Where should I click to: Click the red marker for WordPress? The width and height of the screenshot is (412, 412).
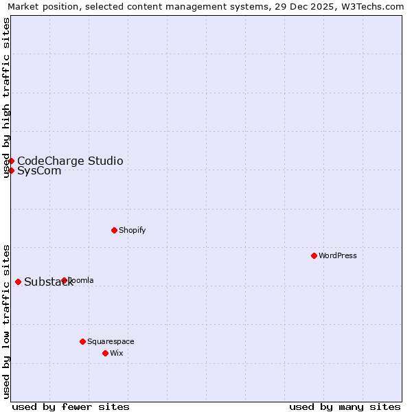pyautogui.click(x=314, y=255)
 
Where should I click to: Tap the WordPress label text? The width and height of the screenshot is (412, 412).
pyautogui.click(x=338, y=255)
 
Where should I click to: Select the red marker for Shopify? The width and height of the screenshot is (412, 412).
pyautogui.click(x=114, y=230)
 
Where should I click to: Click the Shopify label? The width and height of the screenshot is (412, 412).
pyautogui.click(x=133, y=230)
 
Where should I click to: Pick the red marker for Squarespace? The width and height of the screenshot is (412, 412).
pyautogui.click(x=82, y=341)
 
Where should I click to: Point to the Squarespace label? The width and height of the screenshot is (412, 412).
pyautogui.click(x=111, y=341)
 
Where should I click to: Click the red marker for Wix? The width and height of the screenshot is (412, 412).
pyautogui.click(x=105, y=353)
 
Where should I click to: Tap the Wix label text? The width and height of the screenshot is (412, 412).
pyautogui.click(x=117, y=353)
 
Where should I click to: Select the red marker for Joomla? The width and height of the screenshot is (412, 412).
pyautogui.click(x=64, y=280)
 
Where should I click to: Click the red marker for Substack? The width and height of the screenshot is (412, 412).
pyautogui.click(x=18, y=282)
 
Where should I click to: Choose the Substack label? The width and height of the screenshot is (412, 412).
pyautogui.click(x=48, y=282)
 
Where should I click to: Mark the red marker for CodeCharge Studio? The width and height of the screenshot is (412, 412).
pyautogui.click(x=12, y=161)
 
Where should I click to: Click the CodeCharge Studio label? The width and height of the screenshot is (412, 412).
pyautogui.click(x=70, y=161)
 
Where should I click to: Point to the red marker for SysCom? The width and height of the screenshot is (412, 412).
pyautogui.click(x=12, y=170)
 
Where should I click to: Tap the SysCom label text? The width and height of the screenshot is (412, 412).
pyautogui.click(x=39, y=171)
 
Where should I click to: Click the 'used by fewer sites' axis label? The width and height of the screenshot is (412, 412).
pyautogui.click(x=71, y=407)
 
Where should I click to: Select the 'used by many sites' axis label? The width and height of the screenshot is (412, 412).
pyautogui.click(x=345, y=407)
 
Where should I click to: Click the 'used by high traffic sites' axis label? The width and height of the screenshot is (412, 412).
pyautogui.click(x=6, y=98)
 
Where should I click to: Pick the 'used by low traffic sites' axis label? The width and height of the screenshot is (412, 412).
pyautogui.click(x=6, y=321)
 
